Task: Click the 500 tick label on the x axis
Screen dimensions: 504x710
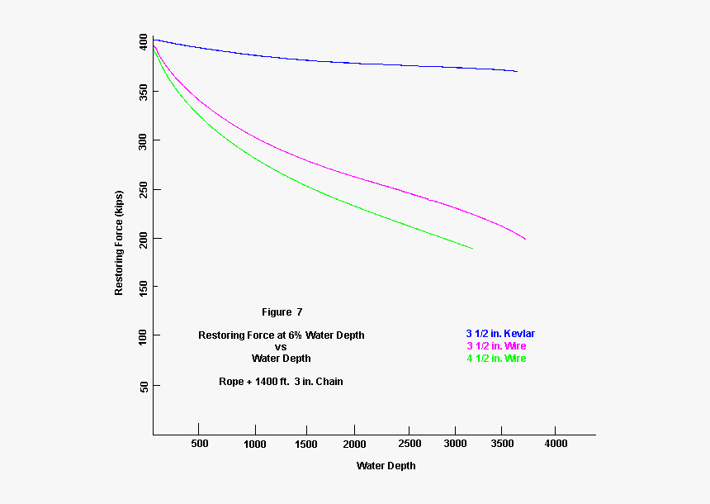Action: coord(199,444)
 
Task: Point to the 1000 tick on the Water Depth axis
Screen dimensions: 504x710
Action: coord(256,444)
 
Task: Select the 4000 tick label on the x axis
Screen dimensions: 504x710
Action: coord(556,444)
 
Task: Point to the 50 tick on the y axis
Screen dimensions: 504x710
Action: coord(144,386)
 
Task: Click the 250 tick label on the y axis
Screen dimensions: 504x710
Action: coord(144,189)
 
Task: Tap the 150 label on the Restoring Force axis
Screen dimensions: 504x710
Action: coord(144,287)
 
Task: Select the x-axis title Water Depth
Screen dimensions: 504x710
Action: coord(386,466)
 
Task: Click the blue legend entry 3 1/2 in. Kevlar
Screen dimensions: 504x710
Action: coord(500,334)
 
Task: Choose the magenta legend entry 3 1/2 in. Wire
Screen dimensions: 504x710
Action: coord(496,346)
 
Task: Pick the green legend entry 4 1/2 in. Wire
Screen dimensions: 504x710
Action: coord(496,359)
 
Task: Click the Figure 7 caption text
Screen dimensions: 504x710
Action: coord(282,312)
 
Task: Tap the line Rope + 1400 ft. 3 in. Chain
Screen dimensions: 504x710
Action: coord(281,382)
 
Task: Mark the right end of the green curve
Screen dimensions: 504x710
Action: coord(473,249)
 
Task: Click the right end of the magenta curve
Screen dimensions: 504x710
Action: coord(525,240)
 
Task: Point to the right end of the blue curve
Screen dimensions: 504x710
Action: coord(517,72)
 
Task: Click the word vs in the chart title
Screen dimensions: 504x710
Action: coord(281,347)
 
